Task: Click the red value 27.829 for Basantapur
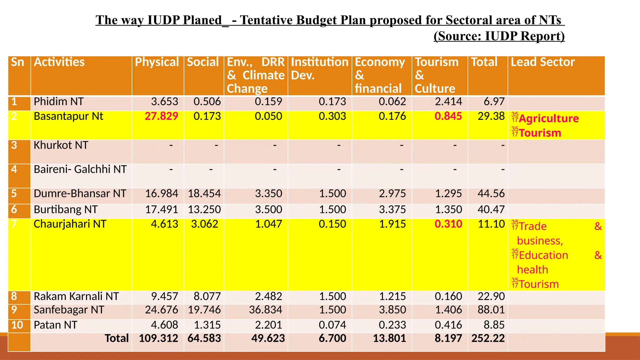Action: [161, 116]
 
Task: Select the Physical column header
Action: [157, 62]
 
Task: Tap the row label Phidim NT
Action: [59, 102]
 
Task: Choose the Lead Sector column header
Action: [542, 62]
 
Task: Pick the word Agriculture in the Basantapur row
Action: [549, 119]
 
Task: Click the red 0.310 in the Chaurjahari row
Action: [448, 224]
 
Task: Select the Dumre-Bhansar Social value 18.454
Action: [204, 193]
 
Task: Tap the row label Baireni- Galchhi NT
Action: [80, 169]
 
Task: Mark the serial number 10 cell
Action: [17, 325]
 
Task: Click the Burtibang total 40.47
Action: [491, 209]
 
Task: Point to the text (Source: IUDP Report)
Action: [499, 36]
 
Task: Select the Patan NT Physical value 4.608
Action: [164, 325]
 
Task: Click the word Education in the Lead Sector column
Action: [543, 255]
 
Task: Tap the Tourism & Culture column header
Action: [437, 75]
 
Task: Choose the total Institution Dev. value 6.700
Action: [332, 338]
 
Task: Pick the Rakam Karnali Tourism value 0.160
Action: [448, 296]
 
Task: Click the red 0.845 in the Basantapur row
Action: [448, 116]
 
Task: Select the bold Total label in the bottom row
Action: [117, 338]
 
